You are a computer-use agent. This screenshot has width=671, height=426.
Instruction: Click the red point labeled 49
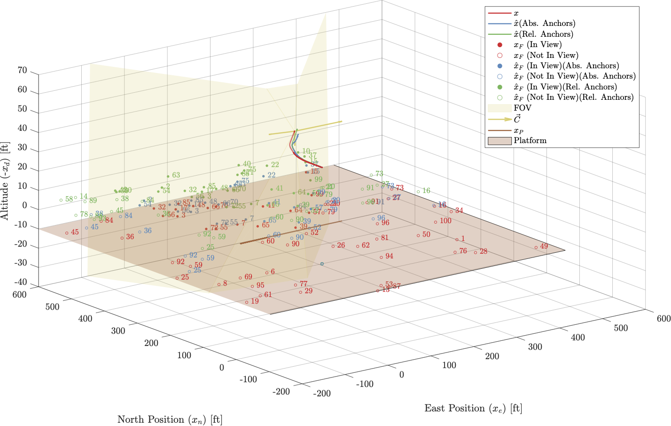coord(536,247)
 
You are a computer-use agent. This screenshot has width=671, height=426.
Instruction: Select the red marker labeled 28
coord(476,252)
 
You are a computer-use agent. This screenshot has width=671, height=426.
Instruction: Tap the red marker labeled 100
coord(436,222)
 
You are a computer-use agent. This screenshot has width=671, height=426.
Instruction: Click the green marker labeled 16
coord(418,192)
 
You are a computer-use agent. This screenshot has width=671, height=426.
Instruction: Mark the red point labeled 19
coord(247,302)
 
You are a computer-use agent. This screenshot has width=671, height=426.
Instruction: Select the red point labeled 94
coord(381,257)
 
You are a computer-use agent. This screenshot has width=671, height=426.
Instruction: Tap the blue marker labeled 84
coord(120,217)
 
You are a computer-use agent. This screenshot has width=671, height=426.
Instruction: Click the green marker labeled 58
coord(61,200)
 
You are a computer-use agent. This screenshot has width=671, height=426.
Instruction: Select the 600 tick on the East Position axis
coord(663,319)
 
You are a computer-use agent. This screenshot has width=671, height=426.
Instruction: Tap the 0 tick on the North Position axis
coord(222,367)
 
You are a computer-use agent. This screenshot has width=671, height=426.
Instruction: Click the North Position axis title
coord(170,419)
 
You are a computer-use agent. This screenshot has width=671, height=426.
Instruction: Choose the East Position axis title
coord(473,409)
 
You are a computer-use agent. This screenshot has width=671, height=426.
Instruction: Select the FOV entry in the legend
coord(522,108)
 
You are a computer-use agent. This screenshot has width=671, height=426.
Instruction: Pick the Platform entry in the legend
coord(530,140)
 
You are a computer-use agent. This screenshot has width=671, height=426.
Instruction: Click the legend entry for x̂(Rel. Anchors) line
coord(543,34)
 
